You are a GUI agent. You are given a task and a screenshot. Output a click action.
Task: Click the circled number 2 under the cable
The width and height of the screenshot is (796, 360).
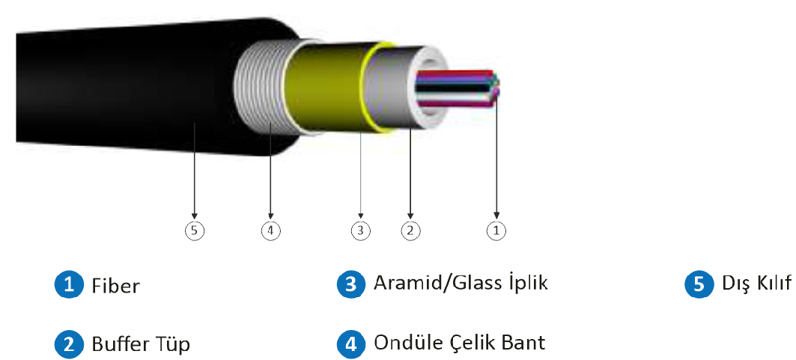(410, 231)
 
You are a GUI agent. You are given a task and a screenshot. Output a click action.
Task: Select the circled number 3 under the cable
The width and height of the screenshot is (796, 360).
(361, 231)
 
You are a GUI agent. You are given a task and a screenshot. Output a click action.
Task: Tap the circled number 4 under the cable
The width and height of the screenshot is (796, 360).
(271, 231)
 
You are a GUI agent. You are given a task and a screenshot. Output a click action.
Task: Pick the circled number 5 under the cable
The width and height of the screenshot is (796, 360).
(194, 231)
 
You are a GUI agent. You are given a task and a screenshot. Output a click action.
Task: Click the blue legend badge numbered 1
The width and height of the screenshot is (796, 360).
(69, 284)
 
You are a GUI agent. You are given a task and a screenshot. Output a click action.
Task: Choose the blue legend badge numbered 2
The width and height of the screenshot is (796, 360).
(69, 344)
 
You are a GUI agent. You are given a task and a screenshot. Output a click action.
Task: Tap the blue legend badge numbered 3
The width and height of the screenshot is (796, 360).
(350, 284)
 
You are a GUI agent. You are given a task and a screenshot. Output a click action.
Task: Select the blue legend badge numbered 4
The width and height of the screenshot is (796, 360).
(350, 344)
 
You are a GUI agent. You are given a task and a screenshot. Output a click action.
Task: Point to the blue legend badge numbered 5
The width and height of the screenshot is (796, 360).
(699, 284)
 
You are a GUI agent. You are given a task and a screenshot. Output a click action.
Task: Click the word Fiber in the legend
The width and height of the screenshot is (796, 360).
(115, 285)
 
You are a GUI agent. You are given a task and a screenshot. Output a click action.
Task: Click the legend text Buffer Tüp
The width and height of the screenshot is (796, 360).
(141, 344)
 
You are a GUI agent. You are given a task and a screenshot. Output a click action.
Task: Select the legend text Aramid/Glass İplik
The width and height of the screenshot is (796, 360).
(461, 284)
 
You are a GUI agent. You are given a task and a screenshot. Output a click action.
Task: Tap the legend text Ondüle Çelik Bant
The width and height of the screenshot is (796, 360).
(459, 344)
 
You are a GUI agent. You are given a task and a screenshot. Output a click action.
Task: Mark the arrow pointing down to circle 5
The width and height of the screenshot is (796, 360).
(194, 172)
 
